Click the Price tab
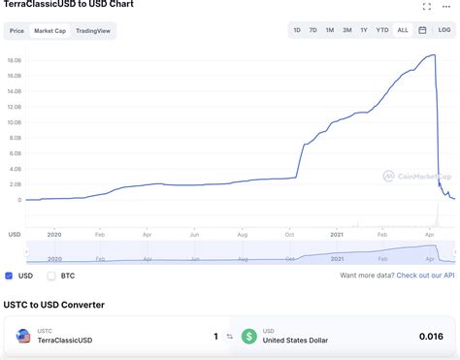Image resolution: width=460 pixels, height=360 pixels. [x=16, y=31]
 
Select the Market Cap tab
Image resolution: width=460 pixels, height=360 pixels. [x=49, y=31]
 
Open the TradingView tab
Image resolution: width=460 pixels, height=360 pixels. [x=92, y=31]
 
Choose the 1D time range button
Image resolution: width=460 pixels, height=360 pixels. [x=297, y=31]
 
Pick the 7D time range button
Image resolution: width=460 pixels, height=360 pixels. [x=312, y=31]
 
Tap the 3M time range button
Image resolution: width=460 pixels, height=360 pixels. [x=346, y=31]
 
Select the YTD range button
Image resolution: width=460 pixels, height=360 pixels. [x=382, y=31]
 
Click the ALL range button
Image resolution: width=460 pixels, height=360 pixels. [x=403, y=31]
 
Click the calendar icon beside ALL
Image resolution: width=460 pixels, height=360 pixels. [x=423, y=31]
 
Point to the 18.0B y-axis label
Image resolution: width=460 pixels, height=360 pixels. [x=15, y=60]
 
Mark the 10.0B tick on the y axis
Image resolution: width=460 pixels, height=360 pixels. [x=15, y=122]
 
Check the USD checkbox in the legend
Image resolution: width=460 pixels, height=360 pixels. [x=9, y=276]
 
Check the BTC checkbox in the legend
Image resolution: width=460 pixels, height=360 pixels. [x=51, y=276]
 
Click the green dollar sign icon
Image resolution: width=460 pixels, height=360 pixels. [x=249, y=336]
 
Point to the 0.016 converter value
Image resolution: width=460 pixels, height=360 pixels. [x=431, y=336]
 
